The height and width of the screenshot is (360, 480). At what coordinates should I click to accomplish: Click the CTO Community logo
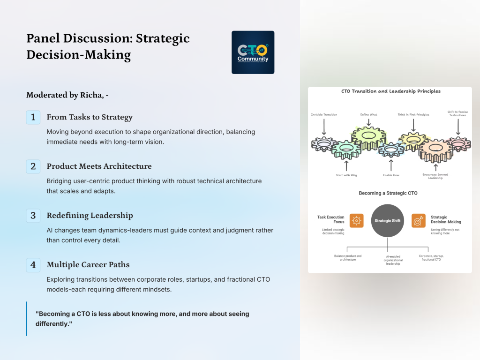[x=253, y=52]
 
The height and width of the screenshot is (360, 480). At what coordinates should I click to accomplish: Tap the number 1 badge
[x=33, y=117]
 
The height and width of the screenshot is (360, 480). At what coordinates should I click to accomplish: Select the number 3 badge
[x=33, y=216]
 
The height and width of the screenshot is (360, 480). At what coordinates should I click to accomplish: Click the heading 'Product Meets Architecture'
[x=99, y=166]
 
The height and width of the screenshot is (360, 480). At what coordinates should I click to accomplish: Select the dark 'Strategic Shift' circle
[x=387, y=220]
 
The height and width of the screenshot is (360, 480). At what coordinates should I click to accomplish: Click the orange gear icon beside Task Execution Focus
[x=356, y=220]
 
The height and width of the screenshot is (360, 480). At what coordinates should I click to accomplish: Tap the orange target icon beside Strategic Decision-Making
[x=418, y=220]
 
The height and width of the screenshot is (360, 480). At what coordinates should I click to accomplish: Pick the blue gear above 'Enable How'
[x=391, y=150]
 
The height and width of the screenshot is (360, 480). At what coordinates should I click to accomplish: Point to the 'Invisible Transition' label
[x=323, y=115]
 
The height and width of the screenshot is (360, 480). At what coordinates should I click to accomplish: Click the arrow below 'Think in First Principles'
[x=413, y=125]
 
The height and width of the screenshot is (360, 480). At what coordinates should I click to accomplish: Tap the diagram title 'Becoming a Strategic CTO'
[x=388, y=193]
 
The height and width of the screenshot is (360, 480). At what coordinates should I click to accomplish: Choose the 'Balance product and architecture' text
[x=348, y=258]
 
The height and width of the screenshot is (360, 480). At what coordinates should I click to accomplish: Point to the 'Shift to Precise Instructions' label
[x=457, y=114]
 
